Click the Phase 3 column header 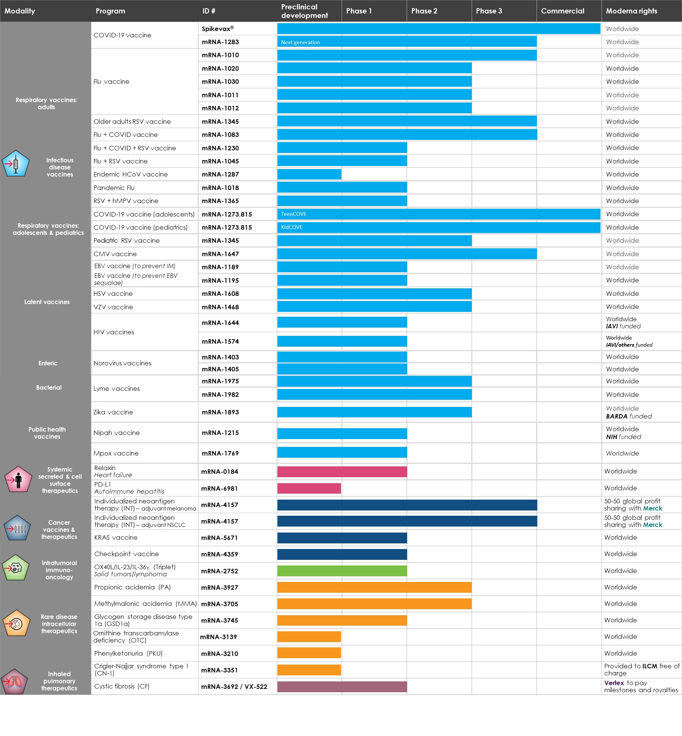489,11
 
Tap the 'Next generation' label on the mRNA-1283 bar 300,42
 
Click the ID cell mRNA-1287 220,174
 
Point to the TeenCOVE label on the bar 294,214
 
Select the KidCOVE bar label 291,227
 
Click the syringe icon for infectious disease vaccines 16,164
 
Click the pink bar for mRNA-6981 309,488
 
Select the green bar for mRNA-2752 342,571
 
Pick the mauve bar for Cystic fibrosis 342,687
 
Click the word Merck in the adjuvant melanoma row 652,508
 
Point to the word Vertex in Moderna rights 614,683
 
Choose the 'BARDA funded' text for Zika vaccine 629,416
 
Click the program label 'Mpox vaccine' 116,453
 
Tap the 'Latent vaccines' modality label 47,302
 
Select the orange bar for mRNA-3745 342,620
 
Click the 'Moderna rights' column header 631,11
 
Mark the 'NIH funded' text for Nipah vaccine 623,437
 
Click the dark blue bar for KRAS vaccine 342,538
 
